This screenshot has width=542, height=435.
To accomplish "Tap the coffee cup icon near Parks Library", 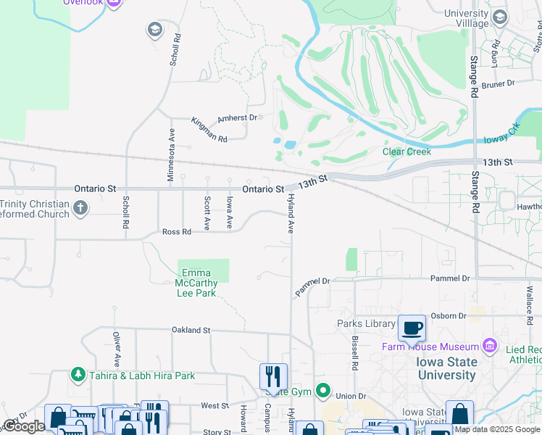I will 412,328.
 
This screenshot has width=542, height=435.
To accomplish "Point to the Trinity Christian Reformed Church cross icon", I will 80,209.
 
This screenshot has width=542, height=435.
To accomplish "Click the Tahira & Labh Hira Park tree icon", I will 78,375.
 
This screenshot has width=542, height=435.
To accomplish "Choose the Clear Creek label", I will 406,152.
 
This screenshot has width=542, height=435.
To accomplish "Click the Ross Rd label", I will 176,232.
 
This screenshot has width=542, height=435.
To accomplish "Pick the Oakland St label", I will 191,330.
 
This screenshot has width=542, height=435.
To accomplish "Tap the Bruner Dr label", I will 497,83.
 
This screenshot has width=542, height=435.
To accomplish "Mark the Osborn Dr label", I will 448,315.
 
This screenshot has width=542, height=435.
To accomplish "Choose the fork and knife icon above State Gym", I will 273,376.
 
